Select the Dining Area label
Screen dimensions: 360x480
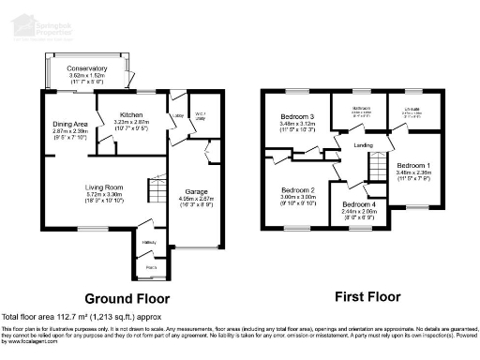coord(70,124)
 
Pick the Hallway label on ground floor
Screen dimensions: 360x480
coord(148,242)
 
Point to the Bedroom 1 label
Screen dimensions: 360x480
coord(412,166)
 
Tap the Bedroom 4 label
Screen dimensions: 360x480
coord(359,204)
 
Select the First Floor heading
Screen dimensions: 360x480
coord(367,298)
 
